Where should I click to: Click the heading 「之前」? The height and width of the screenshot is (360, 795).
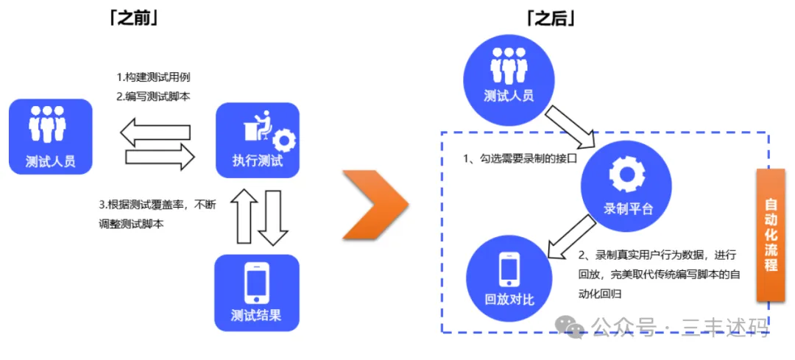point(133,18)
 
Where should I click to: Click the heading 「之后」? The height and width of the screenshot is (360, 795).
point(550,18)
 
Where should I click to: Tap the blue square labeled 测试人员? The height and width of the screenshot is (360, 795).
point(51,136)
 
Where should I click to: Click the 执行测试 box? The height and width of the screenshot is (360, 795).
point(258,140)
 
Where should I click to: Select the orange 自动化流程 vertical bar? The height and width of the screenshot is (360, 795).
point(771,234)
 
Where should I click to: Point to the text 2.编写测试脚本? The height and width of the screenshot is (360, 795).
point(154,96)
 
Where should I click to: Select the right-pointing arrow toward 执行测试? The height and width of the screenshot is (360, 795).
point(160,155)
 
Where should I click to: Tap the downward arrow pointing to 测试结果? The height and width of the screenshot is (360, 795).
point(272,216)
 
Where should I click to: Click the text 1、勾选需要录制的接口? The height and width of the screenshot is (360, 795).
point(517,158)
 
